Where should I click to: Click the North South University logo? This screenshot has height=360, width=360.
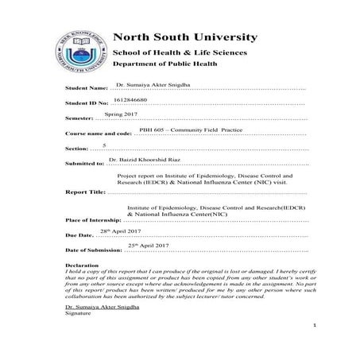77,53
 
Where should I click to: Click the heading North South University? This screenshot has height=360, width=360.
184,37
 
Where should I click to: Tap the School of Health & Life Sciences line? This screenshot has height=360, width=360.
179,52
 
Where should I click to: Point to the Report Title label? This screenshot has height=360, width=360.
83,192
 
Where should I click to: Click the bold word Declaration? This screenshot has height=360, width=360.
82,264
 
